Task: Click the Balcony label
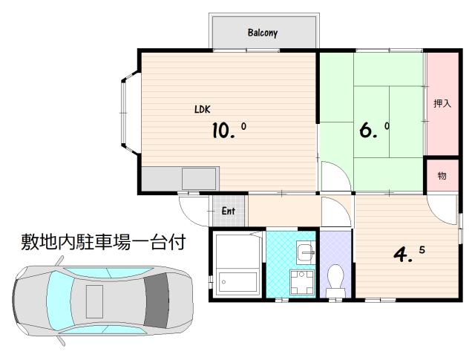[262, 33]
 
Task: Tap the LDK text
[203, 109]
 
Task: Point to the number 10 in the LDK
[220, 131]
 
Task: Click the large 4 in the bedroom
[401, 255]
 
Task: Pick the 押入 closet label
[442, 104]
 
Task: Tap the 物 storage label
[442, 176]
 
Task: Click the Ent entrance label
[228, 211]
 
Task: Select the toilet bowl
[335, 280]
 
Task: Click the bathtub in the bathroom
[237, 282]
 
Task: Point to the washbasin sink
[305, 252]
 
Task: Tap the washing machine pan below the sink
[301, 282]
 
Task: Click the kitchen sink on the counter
[199, 179]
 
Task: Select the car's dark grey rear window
[157, 301]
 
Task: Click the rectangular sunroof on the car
[94, 301]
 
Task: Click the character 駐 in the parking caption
[85, 242]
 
